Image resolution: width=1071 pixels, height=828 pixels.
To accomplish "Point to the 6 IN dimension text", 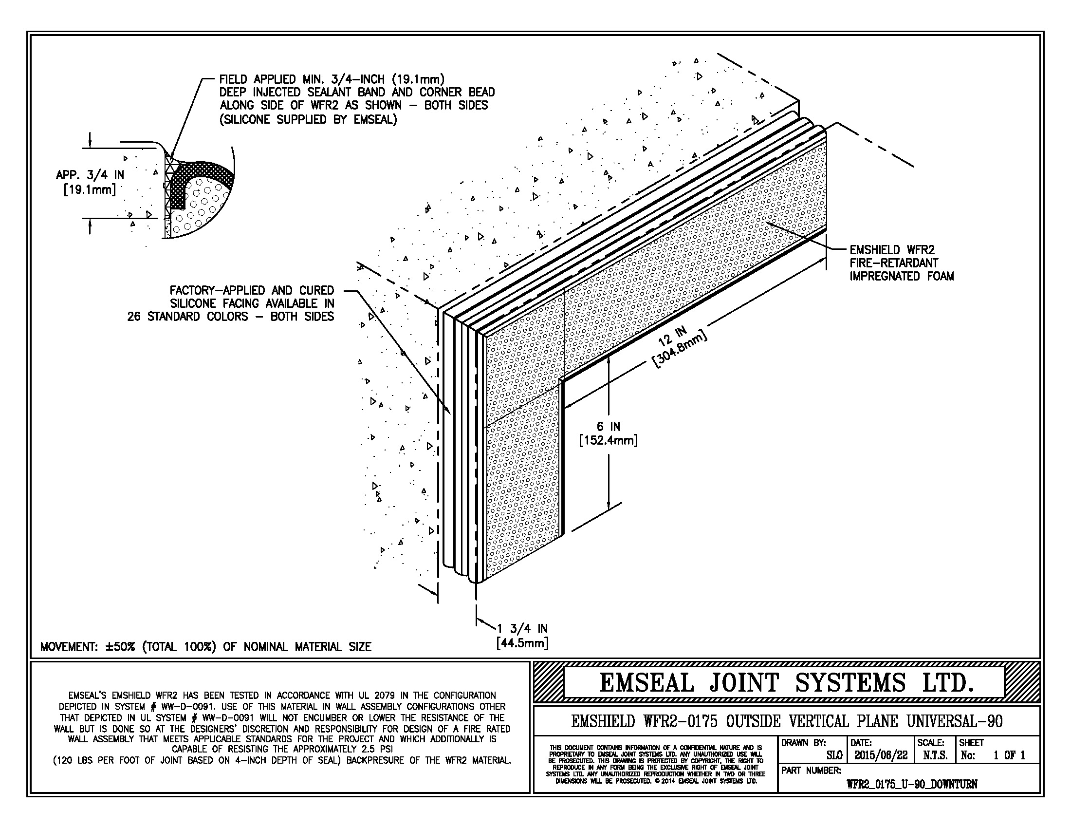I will (608, 427).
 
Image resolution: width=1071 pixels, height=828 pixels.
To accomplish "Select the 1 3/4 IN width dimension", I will (522, 628).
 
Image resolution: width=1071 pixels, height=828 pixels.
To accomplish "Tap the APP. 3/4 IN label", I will (90, 175).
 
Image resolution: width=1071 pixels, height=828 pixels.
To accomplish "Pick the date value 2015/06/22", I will (881, 755).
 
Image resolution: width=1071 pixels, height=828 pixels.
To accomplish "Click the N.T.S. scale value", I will (935, 755).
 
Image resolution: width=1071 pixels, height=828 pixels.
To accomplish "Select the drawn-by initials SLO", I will (834, 755).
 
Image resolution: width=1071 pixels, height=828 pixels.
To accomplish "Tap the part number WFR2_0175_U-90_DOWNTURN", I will (912, 784).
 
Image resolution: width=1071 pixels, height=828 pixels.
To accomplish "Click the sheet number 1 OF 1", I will (1009, 755).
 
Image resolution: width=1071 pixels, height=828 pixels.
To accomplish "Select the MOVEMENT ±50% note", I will (205, 646).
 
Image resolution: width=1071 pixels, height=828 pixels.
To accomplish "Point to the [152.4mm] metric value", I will (608, 440).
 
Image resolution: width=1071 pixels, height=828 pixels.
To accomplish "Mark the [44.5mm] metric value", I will (522, 642).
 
